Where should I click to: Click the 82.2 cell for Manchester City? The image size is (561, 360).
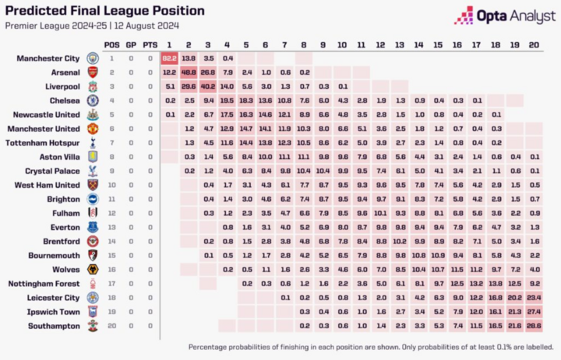pos(169,58)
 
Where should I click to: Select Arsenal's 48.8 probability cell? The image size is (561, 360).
pos(189,72)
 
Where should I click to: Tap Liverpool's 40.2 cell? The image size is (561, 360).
pos(207,86)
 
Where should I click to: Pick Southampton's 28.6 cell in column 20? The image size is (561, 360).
pos(533,325)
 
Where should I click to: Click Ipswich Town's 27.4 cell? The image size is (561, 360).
pos(533,311)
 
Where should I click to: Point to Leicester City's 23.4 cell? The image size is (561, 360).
pos(533,297)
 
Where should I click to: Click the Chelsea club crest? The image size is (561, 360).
pos(93,101)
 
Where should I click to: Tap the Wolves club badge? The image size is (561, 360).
pos(93,269)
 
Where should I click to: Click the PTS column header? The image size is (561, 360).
pos(150,44)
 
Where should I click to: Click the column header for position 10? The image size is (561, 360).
pos(341,44)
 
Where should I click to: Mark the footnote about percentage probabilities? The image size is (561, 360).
pos(369,346)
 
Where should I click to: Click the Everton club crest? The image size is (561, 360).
pos(93,227)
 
